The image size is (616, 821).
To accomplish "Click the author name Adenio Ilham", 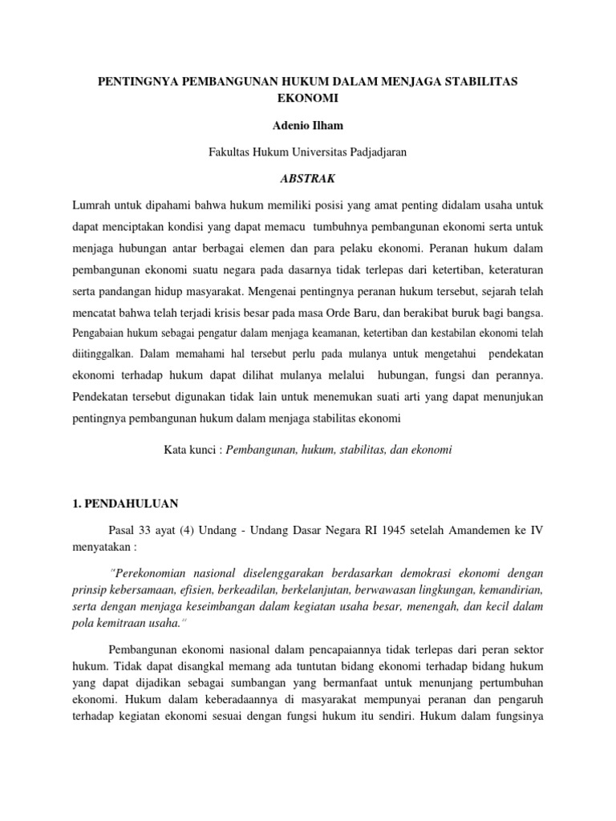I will [x=307, y=127].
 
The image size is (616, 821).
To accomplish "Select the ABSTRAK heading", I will [x=308, y=178].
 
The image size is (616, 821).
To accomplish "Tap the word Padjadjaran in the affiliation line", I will [x=379, y=152].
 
